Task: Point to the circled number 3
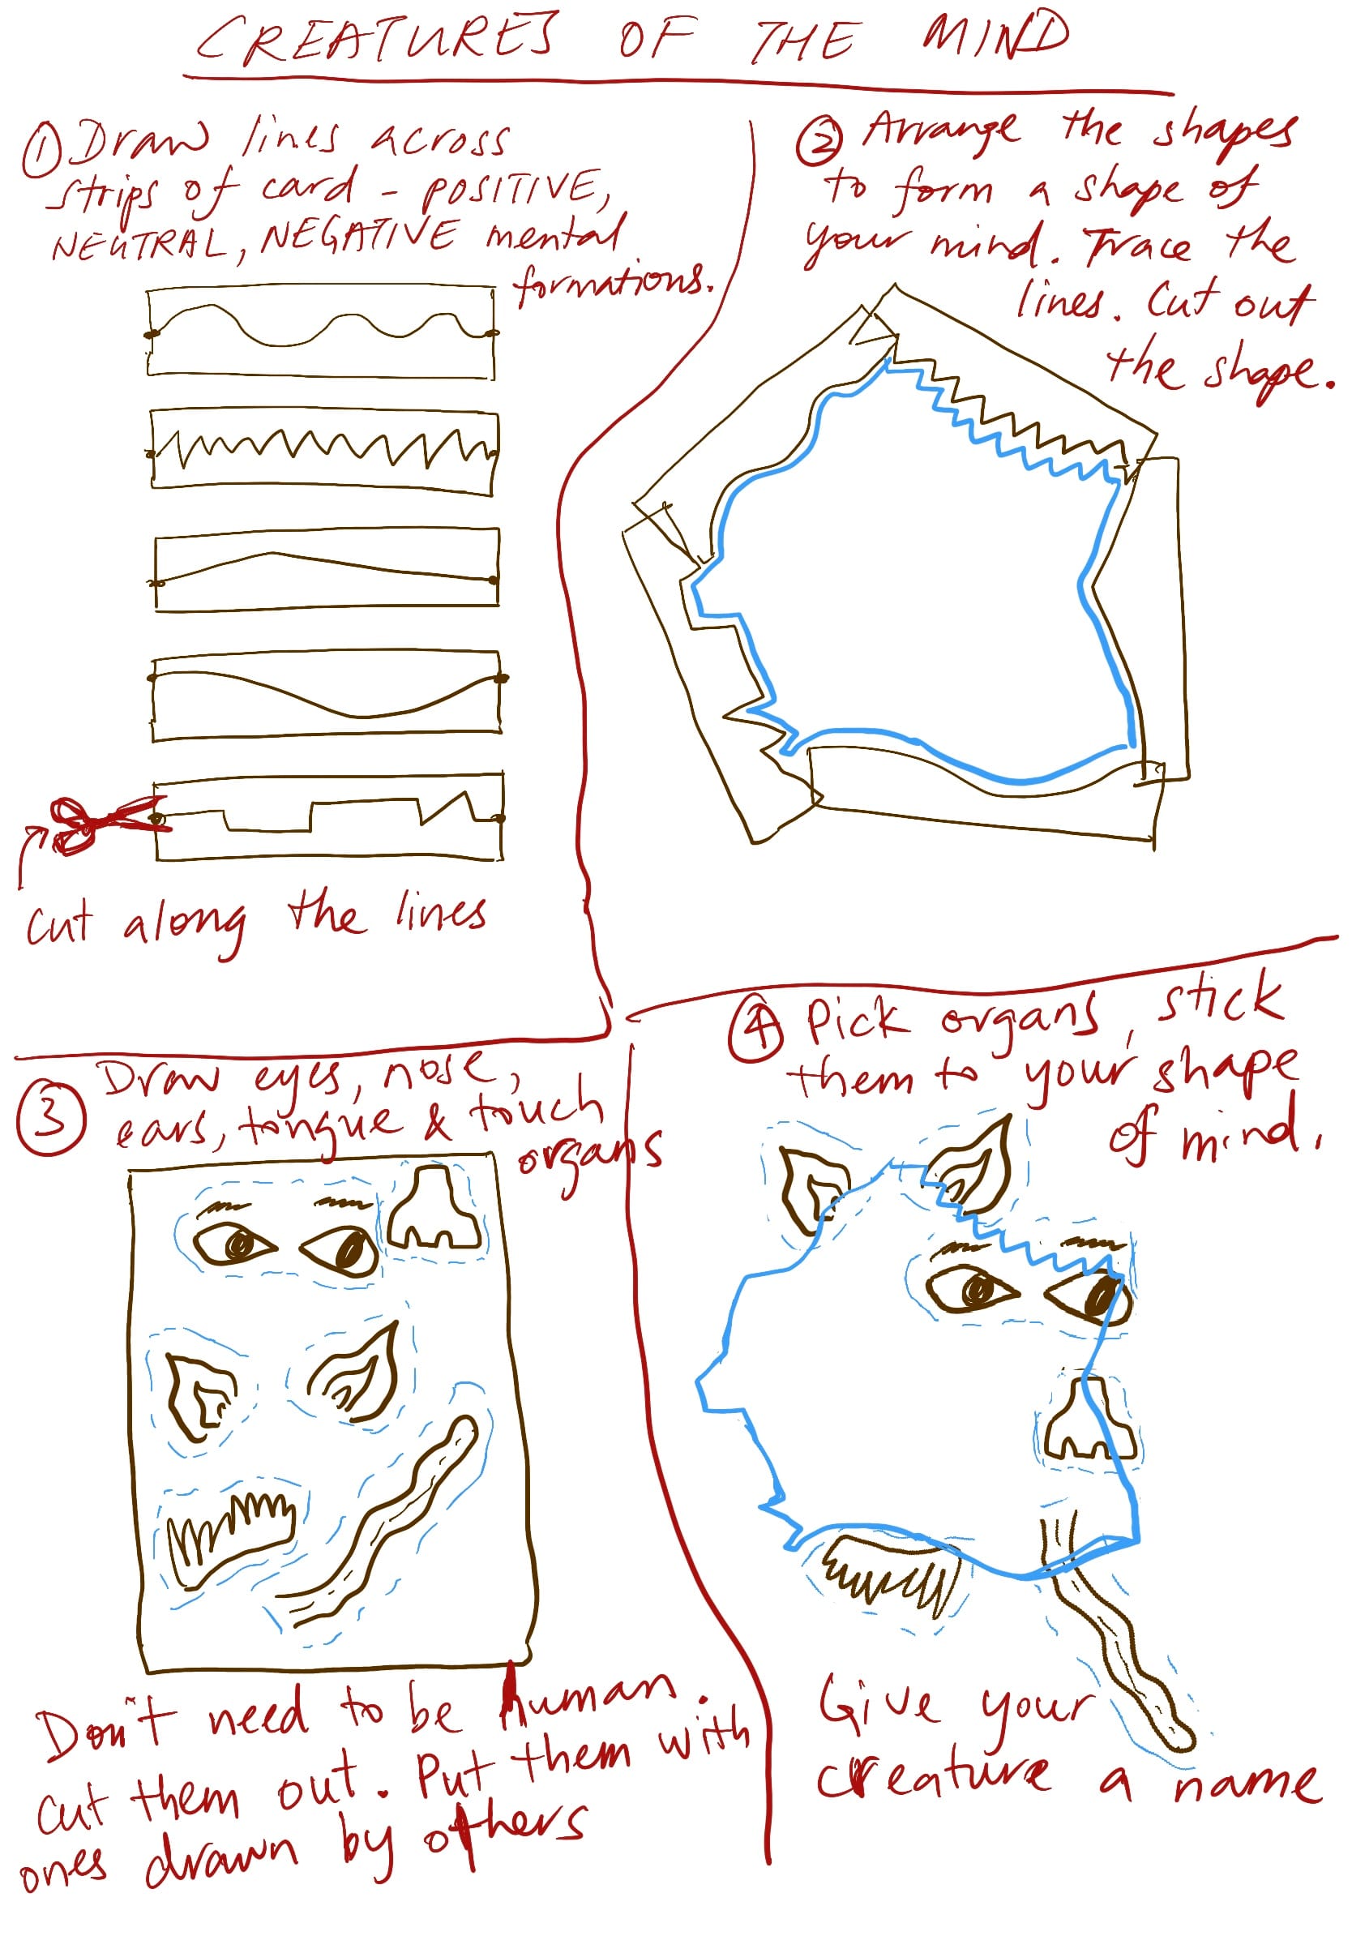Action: (50, 1119)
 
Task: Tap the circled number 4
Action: (756, 1031)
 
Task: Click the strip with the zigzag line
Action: (323, 449)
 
